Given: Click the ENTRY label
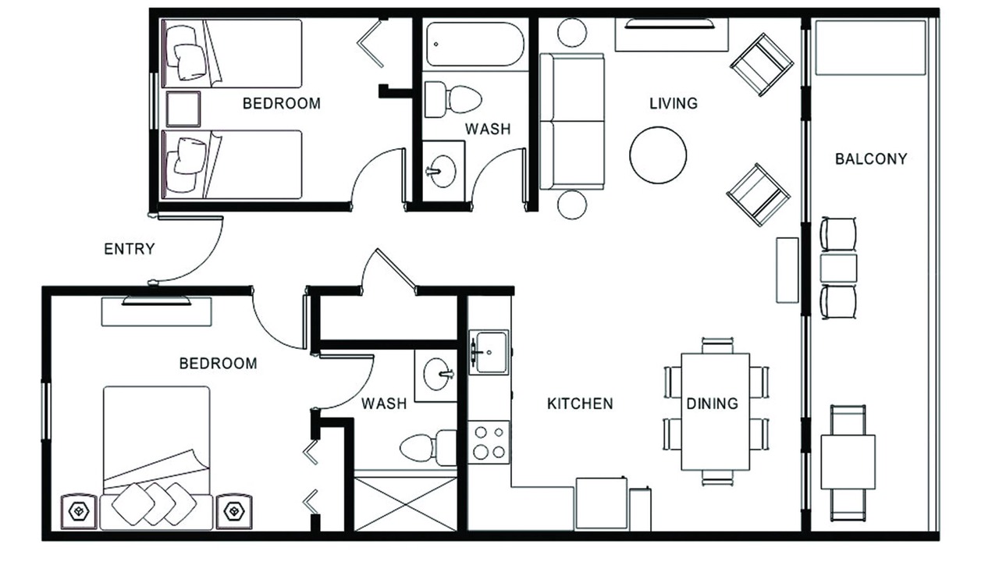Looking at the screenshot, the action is [130, 249].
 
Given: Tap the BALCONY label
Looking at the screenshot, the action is [871, 158].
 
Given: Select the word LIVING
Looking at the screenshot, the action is [674, 104].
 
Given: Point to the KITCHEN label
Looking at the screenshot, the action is [580, 404].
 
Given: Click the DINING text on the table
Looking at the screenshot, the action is [713, 404].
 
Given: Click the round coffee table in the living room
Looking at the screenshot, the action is [658, 155].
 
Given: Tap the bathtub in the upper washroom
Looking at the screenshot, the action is [475, 44].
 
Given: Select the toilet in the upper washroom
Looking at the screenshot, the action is [452, 99].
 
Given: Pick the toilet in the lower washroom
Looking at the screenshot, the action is [428, 447].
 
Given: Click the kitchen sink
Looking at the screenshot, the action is [489, 352].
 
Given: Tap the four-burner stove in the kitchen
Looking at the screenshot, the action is [489, 442].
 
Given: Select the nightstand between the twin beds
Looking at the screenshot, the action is [183, 109].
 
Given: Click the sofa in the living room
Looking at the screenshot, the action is [572, 122].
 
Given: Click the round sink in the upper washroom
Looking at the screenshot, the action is [441, 171].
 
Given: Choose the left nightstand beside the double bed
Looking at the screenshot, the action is [79, 511].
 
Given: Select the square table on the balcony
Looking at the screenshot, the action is [848, 462].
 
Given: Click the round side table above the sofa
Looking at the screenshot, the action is [572, 33].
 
